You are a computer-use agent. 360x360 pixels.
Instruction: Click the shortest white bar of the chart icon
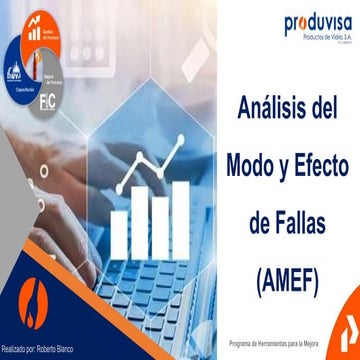119,232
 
